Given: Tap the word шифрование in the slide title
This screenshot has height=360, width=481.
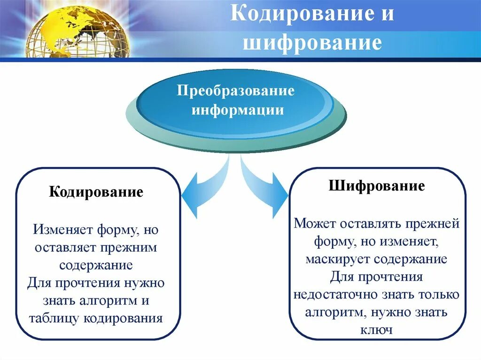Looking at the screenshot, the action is pos(311,43).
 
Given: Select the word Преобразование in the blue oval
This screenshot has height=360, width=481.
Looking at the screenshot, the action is pos(235,90).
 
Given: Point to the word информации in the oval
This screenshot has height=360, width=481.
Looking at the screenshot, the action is pos(237,110).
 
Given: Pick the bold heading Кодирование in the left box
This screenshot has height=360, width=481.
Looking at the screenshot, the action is pos(96,192).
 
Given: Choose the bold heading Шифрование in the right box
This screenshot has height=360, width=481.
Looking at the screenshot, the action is pos(377,186).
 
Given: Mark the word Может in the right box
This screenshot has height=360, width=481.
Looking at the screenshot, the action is pos(312,223).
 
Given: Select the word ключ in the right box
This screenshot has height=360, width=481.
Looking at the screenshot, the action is pos(376,330).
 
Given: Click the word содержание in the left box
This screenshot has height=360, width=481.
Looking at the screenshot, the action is pos(96,265).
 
